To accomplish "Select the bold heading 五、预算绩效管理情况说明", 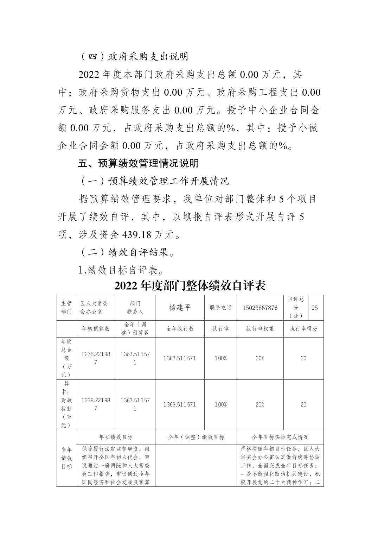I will tap(138, 163).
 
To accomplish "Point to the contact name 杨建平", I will tap(180, 308).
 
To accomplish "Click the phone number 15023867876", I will tap(260, 308).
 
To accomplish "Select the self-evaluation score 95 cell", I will tap(314, 308).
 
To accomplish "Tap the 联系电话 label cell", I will tap(220, 308).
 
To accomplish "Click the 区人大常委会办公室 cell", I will tap(95, 308).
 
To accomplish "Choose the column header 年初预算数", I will tap(95, 329).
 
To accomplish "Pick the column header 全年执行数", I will tap(180, 329).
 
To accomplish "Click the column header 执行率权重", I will tap(260, 329).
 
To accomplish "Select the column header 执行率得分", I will tap(303, 329).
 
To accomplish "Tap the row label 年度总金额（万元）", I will tap(66, 358).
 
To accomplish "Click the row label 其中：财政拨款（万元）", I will tap(66, 404).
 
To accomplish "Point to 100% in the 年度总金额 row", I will tap(220, 358).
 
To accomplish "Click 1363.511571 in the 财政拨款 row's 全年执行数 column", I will tap(180, 404).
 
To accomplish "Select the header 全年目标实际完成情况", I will tap(280, 437).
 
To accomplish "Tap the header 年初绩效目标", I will tap(116, 437).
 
